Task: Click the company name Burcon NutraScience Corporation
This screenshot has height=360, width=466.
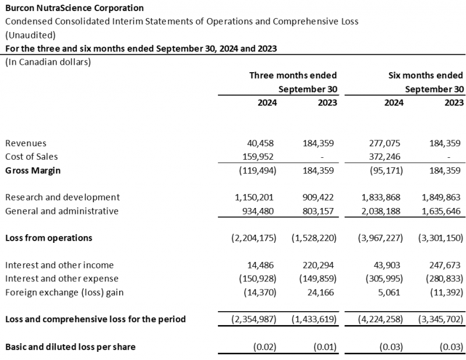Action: [75, 8]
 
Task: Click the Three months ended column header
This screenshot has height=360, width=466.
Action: [293, 75]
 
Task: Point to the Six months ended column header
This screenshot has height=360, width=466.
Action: [426, 75]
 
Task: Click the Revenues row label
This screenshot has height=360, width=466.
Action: [26, 143]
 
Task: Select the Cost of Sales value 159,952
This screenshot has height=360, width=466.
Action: [258, 157]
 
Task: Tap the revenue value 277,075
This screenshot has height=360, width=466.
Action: [386, 143]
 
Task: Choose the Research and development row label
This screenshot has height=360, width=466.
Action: [62, 197]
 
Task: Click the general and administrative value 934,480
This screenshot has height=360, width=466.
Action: [258, 211]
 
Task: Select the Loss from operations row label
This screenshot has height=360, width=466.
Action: [48, 238]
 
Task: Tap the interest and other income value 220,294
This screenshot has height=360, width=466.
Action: [320, 265]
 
